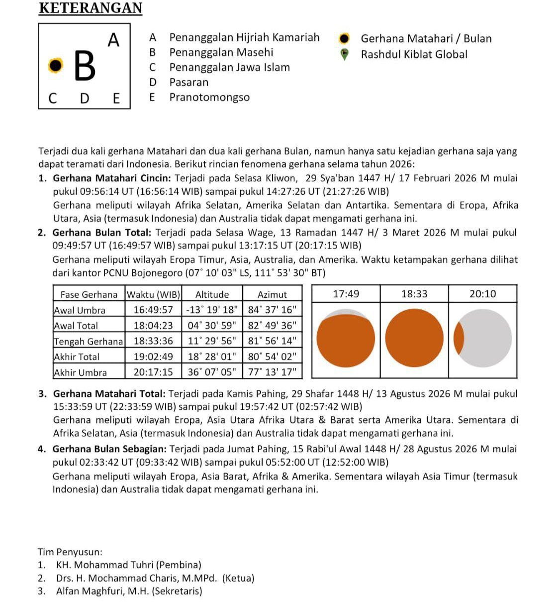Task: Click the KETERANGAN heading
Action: coord(90,8)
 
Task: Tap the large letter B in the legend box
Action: coord(85,66)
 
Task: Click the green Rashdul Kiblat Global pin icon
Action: coord(344,54)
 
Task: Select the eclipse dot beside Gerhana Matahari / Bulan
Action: coord(344,39)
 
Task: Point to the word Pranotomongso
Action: coord(209,97)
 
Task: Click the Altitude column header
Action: coord(212,294)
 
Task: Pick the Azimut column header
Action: coord(272,294)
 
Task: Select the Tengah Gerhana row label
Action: coord(88,341)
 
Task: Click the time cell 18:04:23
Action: coord(153,326)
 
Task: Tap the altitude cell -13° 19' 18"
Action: coord(212,310)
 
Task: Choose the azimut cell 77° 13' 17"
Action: coord(272,372)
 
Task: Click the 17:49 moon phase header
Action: coord(346,294)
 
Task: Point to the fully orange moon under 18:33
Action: coord(414,338)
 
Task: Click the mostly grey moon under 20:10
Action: coord(483,338)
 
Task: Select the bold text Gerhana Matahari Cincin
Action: coord(112,178)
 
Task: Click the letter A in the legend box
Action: coord(114,40)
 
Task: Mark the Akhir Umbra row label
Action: coord(80,372)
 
